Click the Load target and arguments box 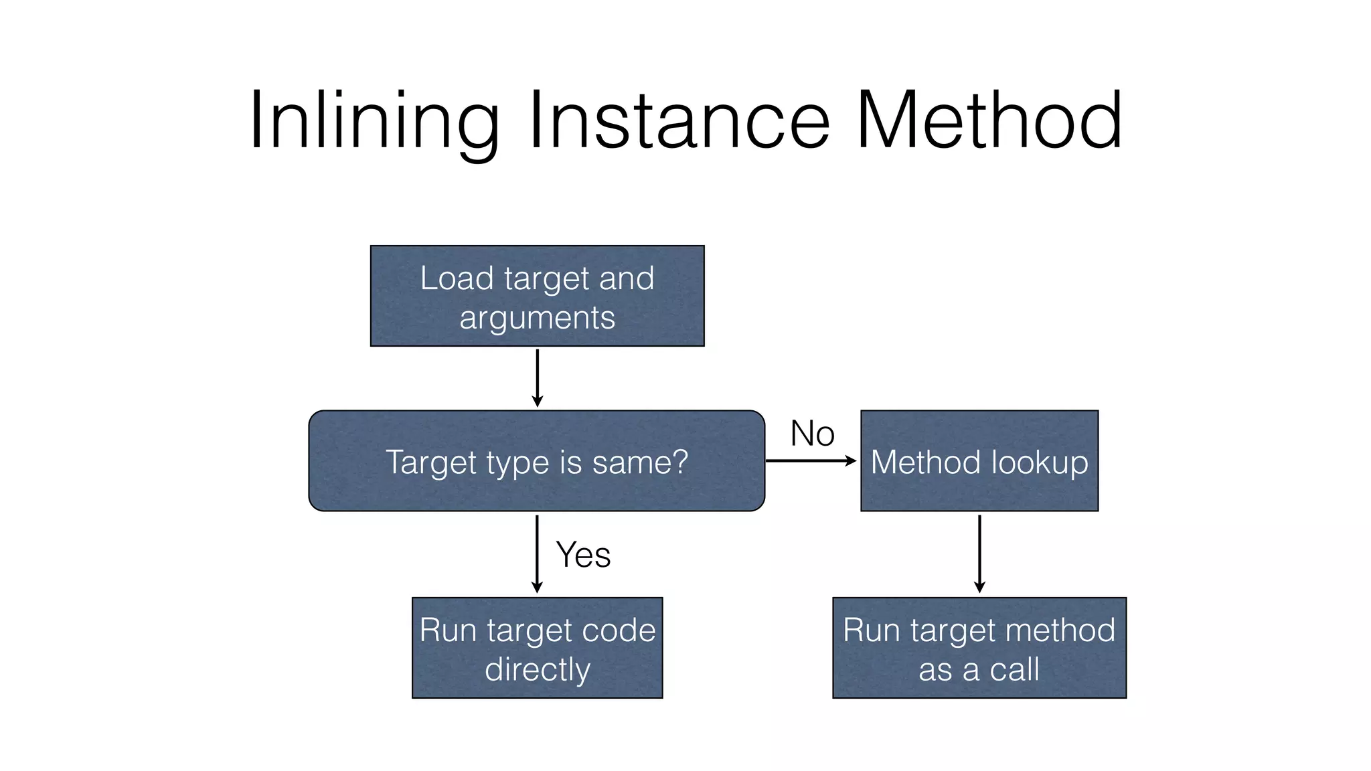pos(537,296)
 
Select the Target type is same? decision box pos(536,461)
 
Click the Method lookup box pos(979,461)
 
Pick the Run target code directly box pos(537,648)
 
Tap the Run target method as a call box pos(979,648)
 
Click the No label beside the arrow pos(812,434)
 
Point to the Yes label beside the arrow pos(583,555)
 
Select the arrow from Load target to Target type pos(537,377)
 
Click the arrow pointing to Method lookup pos(811,461)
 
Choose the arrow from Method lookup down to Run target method pos(979,553)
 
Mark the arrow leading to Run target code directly pos(537,553)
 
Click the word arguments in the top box pos(537,318)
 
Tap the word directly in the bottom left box pos(537,670)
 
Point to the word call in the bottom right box pos(1014,670)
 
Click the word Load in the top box pos(457,278)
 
